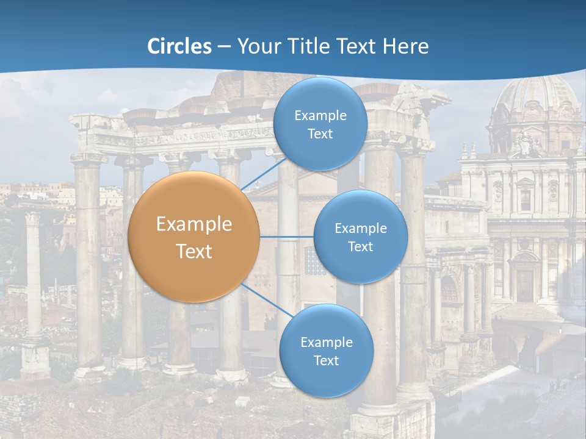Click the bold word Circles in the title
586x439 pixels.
click(179, 46)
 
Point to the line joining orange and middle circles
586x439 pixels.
click(287, 237)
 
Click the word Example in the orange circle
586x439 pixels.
click(194, 224)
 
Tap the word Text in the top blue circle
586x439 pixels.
click(320, 134)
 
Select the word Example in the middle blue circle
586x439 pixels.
click(360, 228)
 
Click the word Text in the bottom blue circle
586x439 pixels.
click(326, 360)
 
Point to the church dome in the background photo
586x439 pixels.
click(537, 98)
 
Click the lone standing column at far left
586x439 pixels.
click(34, 274)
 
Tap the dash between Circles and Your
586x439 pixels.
click(224, 47)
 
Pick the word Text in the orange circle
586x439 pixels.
click(194, 251)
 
